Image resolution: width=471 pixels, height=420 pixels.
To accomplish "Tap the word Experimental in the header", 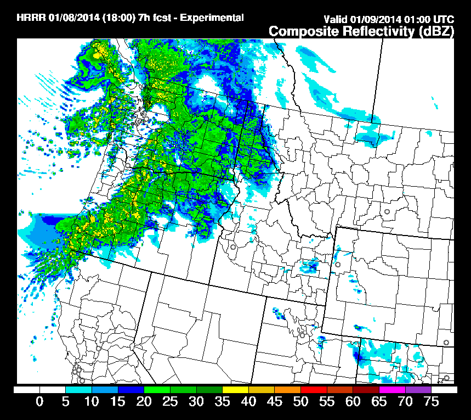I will pyautogui.click(x=212, y=18).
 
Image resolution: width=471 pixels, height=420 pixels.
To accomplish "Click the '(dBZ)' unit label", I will pyautogui.click(x=436, y=31).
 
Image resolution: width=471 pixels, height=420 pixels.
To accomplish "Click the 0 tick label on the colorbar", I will pyautogui.click(x=39, y=402).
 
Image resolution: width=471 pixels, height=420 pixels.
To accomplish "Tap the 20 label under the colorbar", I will pyautogui.click(x=144, y=402).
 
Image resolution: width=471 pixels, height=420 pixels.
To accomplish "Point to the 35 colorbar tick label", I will pyautogui.click(x=222, y=402).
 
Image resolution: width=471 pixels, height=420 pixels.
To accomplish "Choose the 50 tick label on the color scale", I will pyautogui.click(x=300, y=402).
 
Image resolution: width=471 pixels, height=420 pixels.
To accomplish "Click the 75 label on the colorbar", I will pyautogui.click(x=432, y=402).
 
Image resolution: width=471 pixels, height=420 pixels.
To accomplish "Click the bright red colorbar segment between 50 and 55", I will pyautogui.click(x=314, y=389).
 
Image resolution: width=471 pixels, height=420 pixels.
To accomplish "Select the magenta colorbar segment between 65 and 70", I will pyautogui.click(x=392, y=389).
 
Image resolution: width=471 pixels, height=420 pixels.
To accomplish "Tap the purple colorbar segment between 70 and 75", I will pyautogui.click(x=418, y=389).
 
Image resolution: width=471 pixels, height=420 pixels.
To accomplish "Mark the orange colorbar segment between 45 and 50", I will pyautogui.click(x=287, y=389).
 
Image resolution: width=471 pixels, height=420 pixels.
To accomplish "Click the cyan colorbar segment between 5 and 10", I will pyautogui.click(x=78, y=389).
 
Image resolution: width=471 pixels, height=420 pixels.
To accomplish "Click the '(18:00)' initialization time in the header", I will pyautogui.click(x=116, y=18).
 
